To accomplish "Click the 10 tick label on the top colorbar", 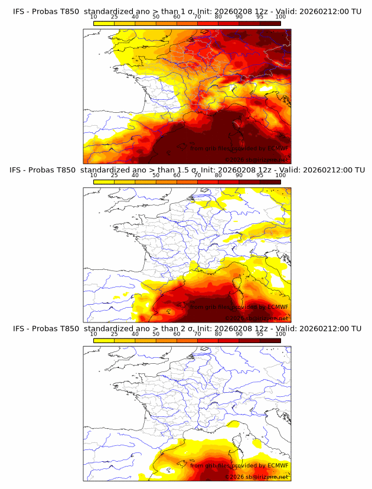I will coord(94,17).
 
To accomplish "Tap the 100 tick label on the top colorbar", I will coord(280,17).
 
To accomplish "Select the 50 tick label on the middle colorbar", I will coord(156,175).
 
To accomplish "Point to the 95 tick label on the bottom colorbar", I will coord(260,334).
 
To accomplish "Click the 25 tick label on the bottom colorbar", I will coord(115,334).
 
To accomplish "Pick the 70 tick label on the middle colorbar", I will coord(198,175).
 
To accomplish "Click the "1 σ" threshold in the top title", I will coord(190,11).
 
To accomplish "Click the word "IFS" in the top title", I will coord(19,11).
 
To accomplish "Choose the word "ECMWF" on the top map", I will coord(277,148).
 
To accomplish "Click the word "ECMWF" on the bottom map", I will coord(277,466).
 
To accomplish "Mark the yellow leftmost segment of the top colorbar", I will coord(104,23).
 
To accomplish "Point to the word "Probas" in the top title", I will coord(47,11).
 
